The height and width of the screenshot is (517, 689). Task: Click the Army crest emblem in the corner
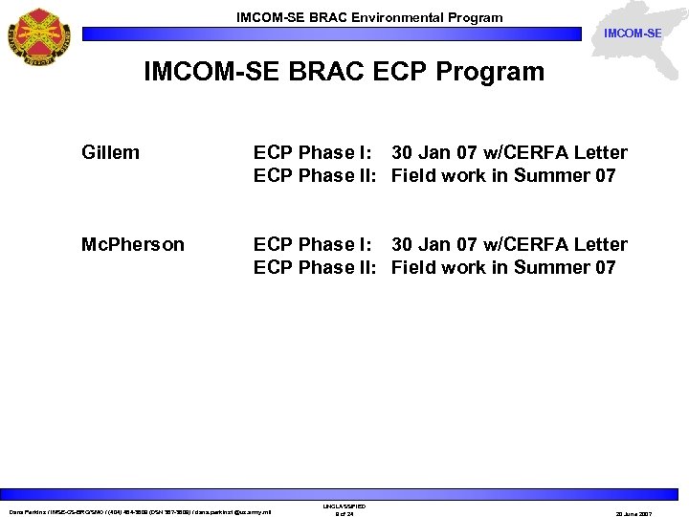point(40,35)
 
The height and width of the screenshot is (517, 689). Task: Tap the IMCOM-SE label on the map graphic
point(632,34)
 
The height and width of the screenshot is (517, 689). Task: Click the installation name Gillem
point(110,152)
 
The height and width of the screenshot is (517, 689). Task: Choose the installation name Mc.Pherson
point(133,244)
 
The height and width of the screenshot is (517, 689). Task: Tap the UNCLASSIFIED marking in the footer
point(344,506)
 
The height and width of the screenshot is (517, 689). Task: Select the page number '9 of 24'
point(344,514)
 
